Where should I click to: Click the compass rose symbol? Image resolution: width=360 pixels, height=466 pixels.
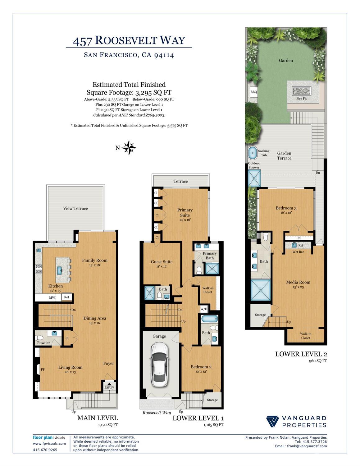(x=129, y=148)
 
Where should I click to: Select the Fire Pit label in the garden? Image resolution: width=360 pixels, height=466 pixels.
(x=301, y=99)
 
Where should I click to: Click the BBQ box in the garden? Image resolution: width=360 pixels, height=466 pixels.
(x=254, y=92)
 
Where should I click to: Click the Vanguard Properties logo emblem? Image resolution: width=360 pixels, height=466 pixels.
(x=272, y=422)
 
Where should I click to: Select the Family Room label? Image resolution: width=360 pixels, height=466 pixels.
(x=95, y=261)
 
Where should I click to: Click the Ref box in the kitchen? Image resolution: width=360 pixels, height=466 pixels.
(x=66, y=297)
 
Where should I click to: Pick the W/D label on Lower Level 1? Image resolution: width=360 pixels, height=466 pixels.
(x=204, y=309)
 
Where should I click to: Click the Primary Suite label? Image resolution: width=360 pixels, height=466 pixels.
(x=185, y=212)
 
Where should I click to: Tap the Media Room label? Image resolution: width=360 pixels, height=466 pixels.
(x=298, y=282)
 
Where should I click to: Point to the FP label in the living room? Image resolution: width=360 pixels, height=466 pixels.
(x=43, y=370)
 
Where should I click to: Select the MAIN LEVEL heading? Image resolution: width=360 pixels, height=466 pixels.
(x=97, y=418)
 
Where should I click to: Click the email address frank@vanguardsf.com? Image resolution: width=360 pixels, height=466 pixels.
(x=301, y=446)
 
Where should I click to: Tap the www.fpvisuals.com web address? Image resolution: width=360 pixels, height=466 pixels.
(x=49, y=444)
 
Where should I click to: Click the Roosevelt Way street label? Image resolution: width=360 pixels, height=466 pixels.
(x=157, y=413)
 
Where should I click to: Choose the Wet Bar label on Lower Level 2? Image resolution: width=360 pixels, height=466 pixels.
(x=298, y=252)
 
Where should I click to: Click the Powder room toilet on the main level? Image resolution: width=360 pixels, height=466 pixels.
(x=39, y=338)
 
